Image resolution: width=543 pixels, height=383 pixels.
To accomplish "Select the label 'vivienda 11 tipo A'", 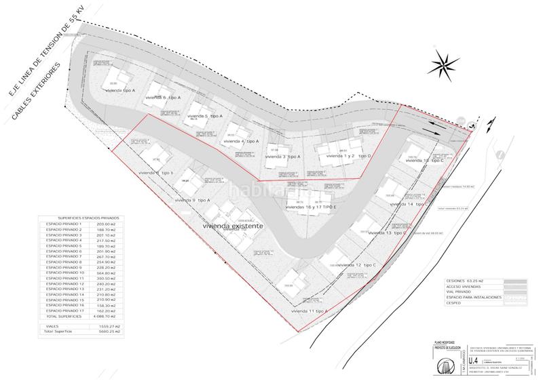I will pyautogui.click(x=309, y=310).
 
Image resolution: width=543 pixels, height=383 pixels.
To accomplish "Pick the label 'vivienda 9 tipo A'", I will pyautogui.click(x=193, y=201).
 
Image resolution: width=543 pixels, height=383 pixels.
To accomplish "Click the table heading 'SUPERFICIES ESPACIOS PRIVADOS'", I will pyautogui.click(x=79, y=218).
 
